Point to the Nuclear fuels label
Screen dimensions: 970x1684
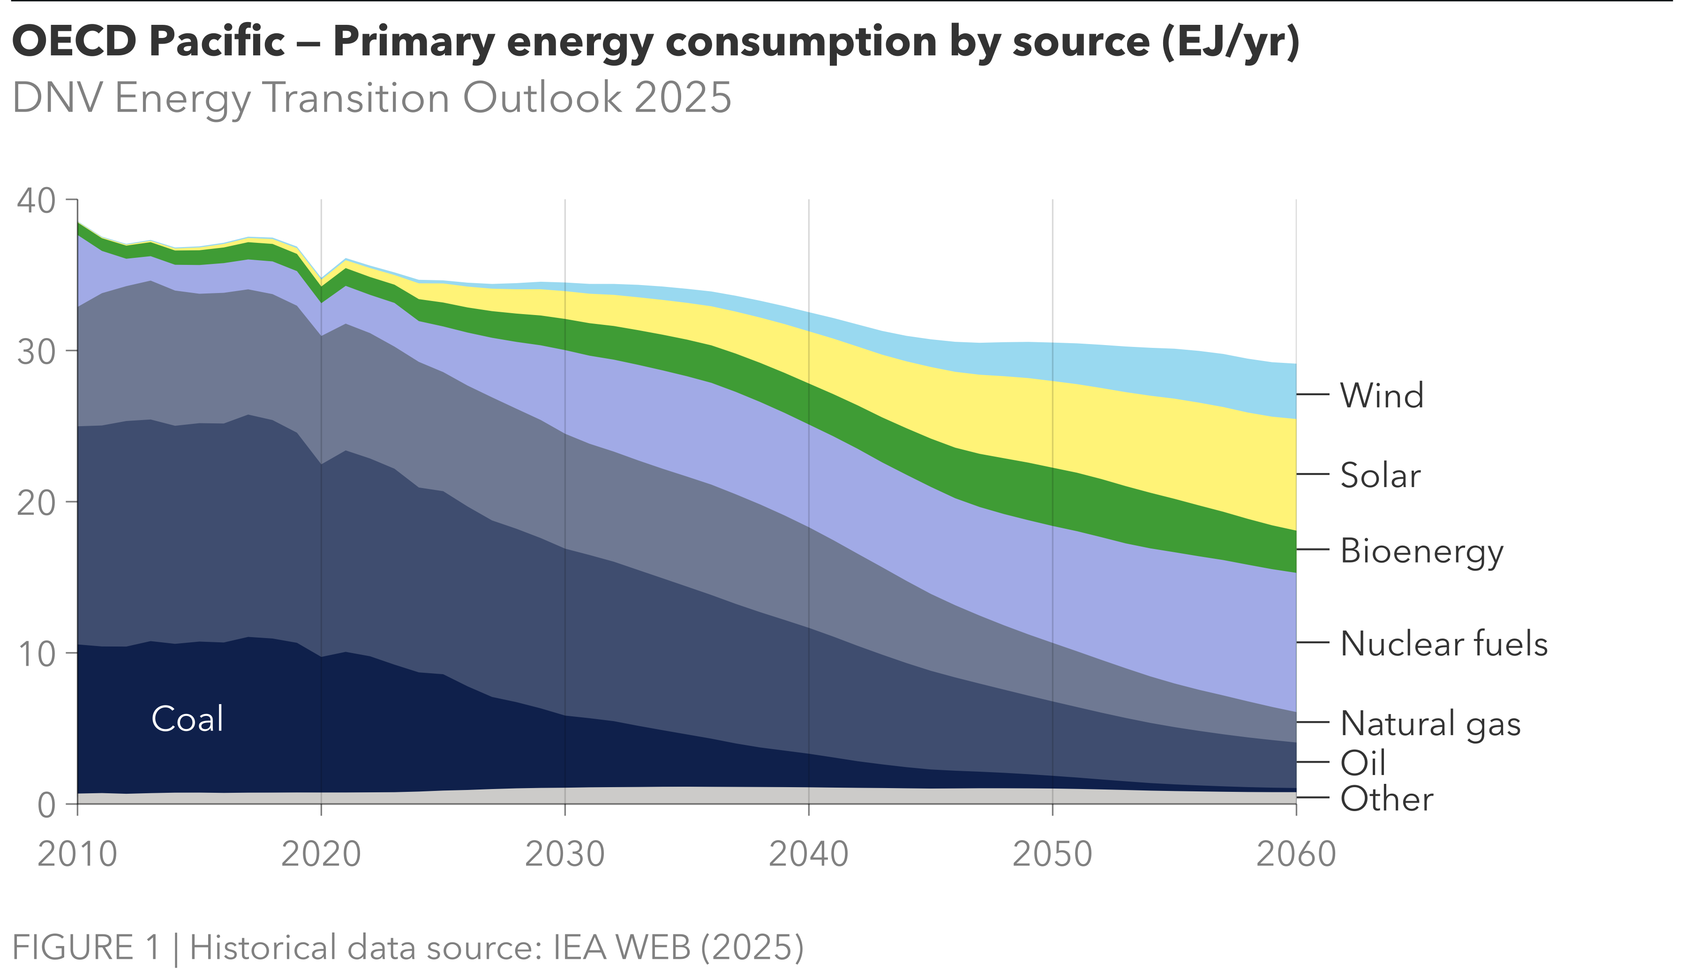[x=1443, y=644]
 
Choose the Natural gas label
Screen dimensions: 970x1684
[x=1430, y=723]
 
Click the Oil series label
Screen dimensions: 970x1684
[x=1362, y=763]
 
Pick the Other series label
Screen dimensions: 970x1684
[x=1386, y=799]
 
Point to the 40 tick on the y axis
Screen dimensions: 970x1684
[x=36, y=201]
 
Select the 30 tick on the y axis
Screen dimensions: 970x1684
[x=36, y=352]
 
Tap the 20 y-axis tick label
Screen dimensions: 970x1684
[x=36, y=503]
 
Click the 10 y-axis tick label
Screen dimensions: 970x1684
[x=36, y=654]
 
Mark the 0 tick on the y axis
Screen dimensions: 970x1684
[x=46, y=805]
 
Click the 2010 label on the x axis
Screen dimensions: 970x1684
[x=77, y=854]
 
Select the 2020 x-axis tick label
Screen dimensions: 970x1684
[x=321, y=854]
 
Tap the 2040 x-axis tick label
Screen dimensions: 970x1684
[x=809, y=854]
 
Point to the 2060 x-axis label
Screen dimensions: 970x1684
[x=1296, y=854]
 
